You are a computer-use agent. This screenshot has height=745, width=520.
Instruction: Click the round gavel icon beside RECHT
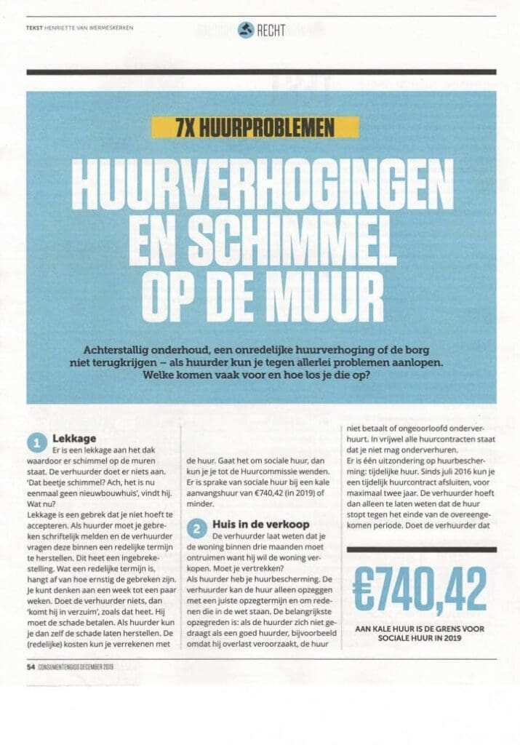point(245,29)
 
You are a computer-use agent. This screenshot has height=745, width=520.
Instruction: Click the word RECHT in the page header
point(271,30)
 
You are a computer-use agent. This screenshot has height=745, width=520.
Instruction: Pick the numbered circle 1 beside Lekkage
point(37,442)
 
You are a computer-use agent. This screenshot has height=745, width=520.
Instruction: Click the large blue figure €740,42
point(420,586)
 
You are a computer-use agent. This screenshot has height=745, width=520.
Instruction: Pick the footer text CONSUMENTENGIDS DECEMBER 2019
point(76,666)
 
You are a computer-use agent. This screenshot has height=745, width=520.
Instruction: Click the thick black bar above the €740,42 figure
point(422,549)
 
